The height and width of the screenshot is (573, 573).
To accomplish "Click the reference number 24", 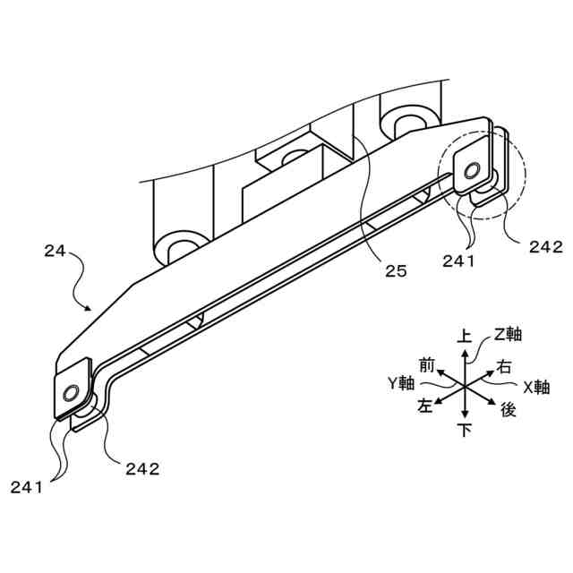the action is pos(56,252).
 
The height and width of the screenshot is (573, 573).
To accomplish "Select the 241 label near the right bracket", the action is pos(460,261).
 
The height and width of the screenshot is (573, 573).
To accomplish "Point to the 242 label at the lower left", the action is pos(142,467).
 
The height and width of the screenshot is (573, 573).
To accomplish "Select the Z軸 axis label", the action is pos(508,334).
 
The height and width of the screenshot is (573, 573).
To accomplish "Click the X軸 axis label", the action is pos(536,387).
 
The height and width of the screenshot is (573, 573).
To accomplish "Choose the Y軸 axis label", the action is pos(400,383).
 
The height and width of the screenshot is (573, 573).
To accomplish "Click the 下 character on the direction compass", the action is pos(465,431).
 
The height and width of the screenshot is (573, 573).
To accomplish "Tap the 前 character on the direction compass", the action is pos(426,364).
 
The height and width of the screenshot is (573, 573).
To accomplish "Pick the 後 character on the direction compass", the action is pos(508,409).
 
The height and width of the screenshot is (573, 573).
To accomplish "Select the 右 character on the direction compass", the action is pos(504,366).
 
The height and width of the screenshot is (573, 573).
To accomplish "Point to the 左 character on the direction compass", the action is pos(424,406).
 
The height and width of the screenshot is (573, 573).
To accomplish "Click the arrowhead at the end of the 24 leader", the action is pos(89,310).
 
